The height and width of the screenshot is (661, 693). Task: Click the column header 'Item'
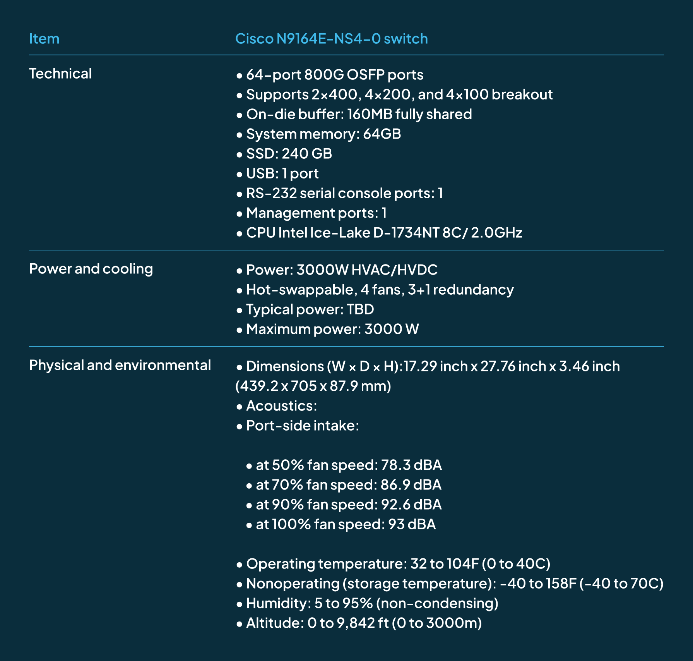44,39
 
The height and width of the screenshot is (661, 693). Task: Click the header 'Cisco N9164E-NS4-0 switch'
331,39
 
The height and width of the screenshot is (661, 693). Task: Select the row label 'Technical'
60,74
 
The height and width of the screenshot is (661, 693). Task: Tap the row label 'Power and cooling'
91,269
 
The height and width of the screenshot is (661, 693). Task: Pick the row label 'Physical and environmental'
120,365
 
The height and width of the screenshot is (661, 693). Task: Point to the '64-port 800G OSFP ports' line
335,75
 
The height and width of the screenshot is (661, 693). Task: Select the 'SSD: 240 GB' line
289,154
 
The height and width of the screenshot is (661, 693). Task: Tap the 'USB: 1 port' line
282,173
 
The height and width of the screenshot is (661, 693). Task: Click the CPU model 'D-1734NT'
406,233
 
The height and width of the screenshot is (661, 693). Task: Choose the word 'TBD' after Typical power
360,309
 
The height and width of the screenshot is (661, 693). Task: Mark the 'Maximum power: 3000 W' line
332,329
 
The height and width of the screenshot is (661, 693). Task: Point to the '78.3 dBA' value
411,465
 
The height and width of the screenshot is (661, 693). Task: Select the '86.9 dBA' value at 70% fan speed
411,485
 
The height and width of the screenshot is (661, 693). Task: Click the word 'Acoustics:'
282,406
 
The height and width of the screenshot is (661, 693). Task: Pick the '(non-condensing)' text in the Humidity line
437,603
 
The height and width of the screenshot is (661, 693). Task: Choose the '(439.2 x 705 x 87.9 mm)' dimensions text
313,386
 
